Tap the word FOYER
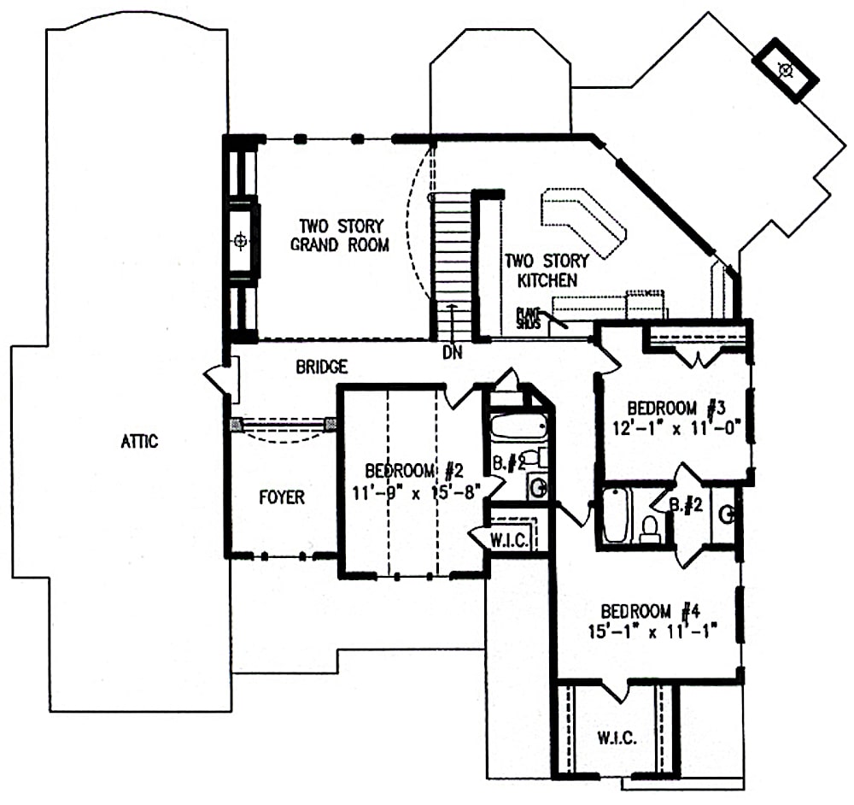pyautogui.click(x=281, y=497)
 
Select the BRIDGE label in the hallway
pyautogui.click(x=322, y=367)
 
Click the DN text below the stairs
pyautogui.click(x=453, y=350)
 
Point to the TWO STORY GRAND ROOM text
pyautogui.click(x=340, y=236)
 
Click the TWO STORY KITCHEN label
pyautogui.click(x=540, y=270)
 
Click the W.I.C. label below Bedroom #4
pyautogui.click(x=617, y=737)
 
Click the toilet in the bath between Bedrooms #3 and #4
pyautogui.click(x=650, y=530)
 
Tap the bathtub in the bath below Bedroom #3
pyautogui.click(x=615, y=516)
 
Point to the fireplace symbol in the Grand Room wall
pyautogui.click(x=241, y=242)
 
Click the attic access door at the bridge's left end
pyautogui.click(x=224, y=379)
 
